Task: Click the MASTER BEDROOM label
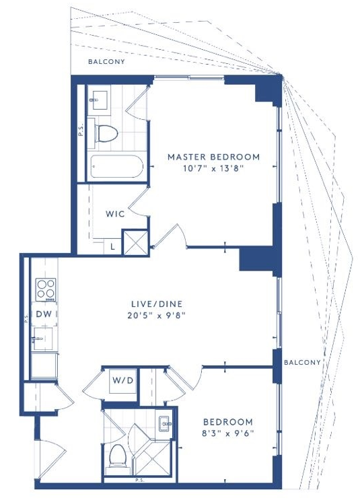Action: pos(213,157)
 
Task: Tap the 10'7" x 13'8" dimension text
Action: pos(213,168)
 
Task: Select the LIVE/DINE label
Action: pos(157,303)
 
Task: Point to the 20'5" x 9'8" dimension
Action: pos(157,316)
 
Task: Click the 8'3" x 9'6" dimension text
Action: pos(228,433)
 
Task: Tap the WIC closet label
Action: pos(115,213)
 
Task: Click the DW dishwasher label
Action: pos(44,314)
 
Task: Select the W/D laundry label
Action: pos(122,380)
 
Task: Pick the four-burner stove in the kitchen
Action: pos(46,289)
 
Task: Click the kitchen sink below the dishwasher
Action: pos(42,339)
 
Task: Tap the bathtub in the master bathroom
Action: pos(116,166)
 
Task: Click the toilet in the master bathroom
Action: pos(106,133)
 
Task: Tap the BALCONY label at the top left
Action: pos(106,61)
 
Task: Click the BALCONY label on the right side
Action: pos(302,362)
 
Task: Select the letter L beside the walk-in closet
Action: pos(113,246)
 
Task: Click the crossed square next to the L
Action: pos(136,243)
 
